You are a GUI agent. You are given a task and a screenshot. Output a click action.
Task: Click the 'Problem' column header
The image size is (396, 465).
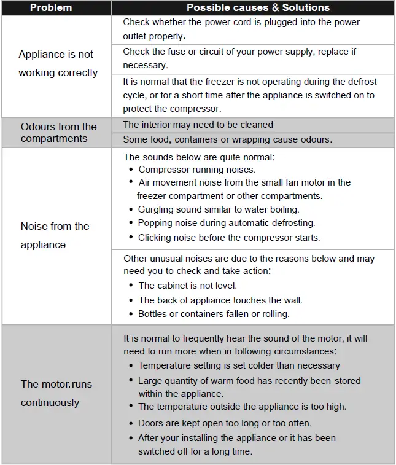coord(51,8)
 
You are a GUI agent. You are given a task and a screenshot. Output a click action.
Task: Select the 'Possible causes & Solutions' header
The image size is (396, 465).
coord(258,8)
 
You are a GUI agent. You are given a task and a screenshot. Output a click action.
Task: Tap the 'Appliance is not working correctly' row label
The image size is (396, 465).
coord(58,63)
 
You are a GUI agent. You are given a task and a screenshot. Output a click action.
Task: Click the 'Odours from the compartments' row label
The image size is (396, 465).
coord(58,133)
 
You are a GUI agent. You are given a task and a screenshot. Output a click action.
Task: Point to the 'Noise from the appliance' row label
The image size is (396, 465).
coord(55,235)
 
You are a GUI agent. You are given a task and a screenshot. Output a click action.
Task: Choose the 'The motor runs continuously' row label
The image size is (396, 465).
coord(56,393)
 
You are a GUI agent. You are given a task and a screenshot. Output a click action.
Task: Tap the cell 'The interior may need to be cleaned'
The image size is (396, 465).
coord(198,125)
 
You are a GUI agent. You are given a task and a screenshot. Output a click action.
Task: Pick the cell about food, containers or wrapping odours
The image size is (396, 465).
coord(228,139)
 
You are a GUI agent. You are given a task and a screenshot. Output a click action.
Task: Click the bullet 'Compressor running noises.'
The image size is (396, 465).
coord(196,170)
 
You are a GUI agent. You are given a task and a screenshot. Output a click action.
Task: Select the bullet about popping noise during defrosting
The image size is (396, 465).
coord(226,223)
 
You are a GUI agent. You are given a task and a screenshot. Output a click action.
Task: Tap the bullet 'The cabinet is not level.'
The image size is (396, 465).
coord(187,286)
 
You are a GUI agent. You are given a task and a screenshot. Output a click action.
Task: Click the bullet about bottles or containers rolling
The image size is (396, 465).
coord(213,314)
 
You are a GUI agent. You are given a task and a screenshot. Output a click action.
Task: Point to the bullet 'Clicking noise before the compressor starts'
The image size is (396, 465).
coord(228,237)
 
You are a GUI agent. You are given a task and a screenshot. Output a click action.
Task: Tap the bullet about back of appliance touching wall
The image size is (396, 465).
coord(220,300)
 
